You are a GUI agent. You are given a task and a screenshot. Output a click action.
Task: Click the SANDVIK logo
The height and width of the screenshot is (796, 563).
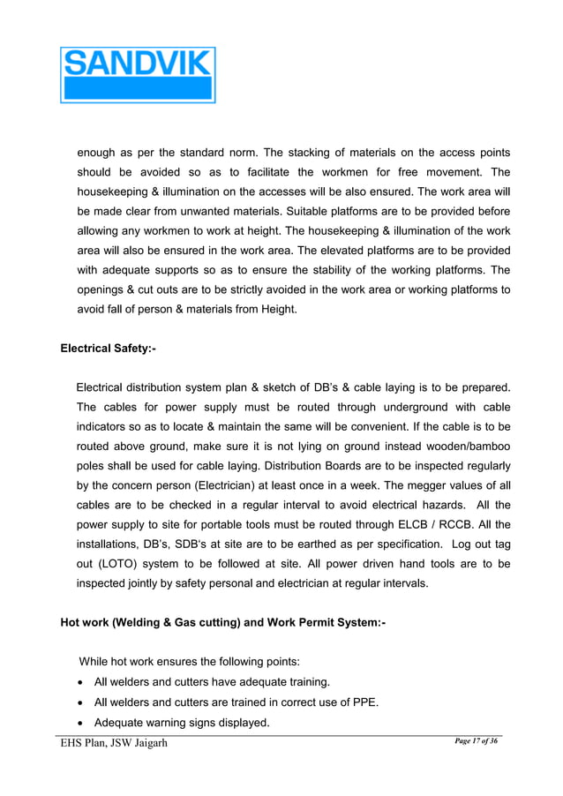click(138, 75)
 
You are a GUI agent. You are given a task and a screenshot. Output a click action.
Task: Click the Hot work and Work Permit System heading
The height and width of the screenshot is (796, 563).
click(222, 622)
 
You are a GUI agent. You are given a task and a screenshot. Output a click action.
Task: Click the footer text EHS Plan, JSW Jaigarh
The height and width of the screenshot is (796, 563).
click(113, 743)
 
